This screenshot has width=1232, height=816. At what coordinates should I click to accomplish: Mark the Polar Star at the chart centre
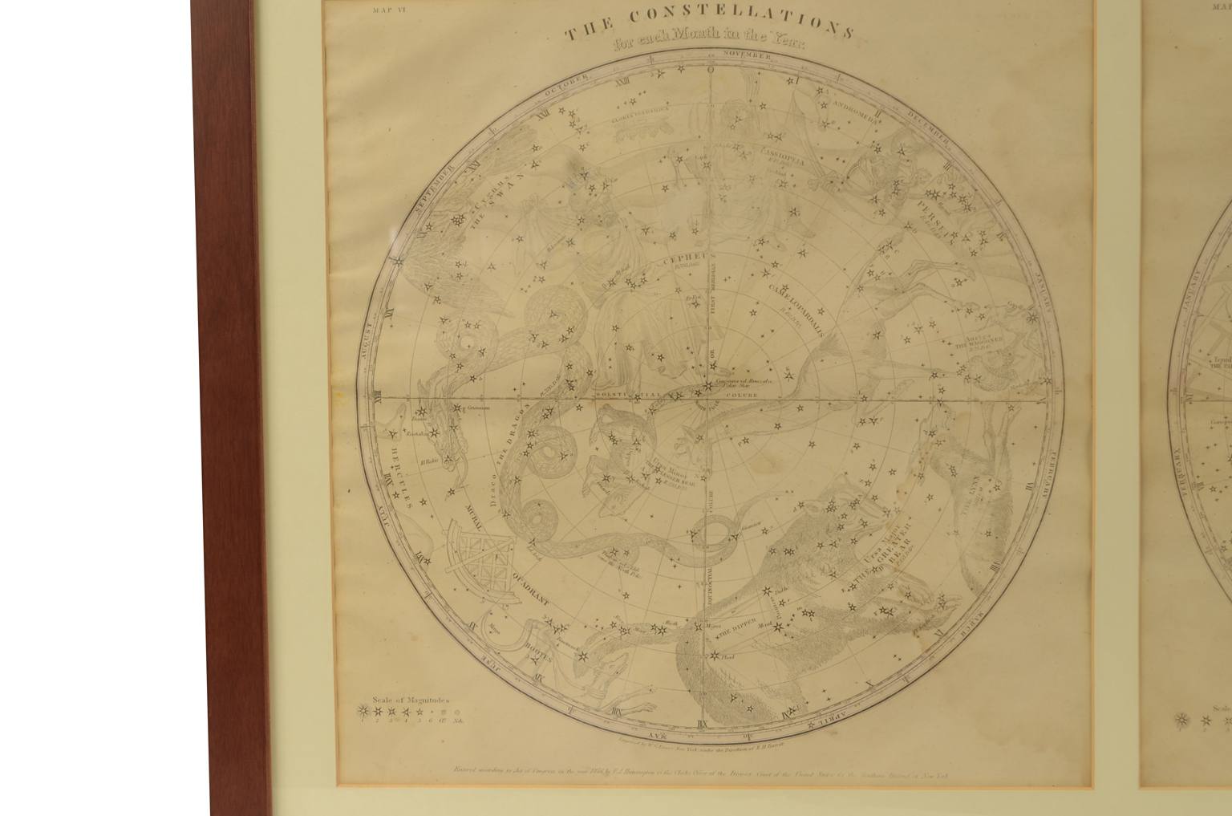[707, 388]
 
